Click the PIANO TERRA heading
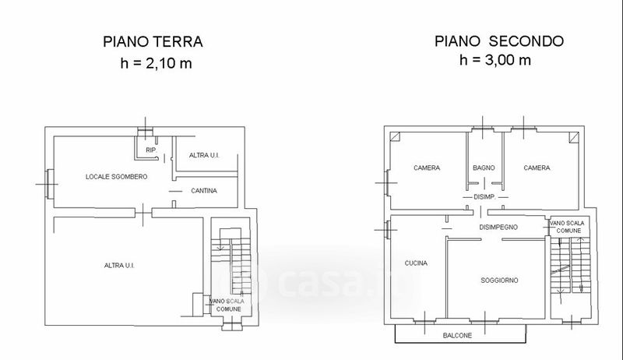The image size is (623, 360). tap(153, 42)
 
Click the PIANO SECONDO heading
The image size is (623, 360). tap(499, 41)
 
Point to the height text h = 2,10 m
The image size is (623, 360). tap(157, 63)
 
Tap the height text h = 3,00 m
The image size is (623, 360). tap(495, 60)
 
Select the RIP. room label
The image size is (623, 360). tap(151, 150)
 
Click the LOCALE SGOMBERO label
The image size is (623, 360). tap(116, 176)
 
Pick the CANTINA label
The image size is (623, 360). tap(204, 191)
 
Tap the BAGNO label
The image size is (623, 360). tap(484, 168)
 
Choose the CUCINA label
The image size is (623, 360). tap(416, 263)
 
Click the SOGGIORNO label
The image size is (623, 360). tap(499, 281)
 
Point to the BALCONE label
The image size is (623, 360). tap(457, 335)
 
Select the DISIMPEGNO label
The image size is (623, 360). tap(498, 228)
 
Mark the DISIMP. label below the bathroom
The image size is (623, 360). tap(484, 196)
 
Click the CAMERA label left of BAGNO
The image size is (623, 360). tap(427, 168)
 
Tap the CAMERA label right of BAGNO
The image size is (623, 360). tap(537, 168)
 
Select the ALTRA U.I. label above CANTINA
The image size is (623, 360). tap(204, 155)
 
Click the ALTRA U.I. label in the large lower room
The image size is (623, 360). tap(119, 266)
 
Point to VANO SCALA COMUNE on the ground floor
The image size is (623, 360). tap(227, 305)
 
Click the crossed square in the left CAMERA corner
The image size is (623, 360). tap(395, 137)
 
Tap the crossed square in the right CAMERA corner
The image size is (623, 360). tap(574, 137)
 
